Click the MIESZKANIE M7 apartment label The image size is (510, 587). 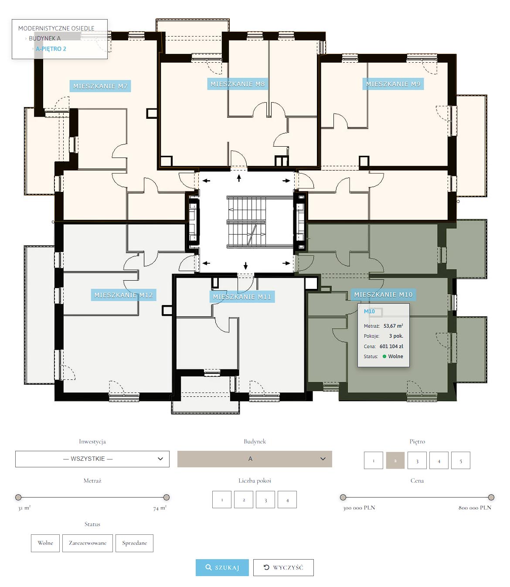[x=100, y=86]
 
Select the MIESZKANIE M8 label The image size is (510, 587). [x=237, y=84]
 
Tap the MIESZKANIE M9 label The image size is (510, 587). [x=393, y=84]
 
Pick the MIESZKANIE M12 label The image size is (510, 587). [x=123, y=295]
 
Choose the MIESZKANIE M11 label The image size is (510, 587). [x=242, y=297]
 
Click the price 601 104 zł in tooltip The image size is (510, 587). [x=391, y=346]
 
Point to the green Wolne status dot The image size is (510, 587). [x=384, y=356]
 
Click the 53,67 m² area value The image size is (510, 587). [x=393, y=326]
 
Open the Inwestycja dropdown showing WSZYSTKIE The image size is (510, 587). [x=92, y=459]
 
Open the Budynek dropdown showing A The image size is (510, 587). [x=255, y=459]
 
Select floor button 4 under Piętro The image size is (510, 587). [x=439, y=460]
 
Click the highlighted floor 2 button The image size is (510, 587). [x=395, y=460]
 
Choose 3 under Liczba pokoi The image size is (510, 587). [x=265, y=500]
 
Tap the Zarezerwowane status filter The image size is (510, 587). [x=87, y=543]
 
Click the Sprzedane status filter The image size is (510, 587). [x=134, y=543]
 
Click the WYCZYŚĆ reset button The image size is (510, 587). [x=283, y=567]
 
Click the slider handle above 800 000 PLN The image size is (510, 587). [x=491, y=497]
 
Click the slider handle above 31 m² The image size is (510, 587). [x=18, y=497]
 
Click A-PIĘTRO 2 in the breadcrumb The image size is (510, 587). [x=51, y=49]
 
